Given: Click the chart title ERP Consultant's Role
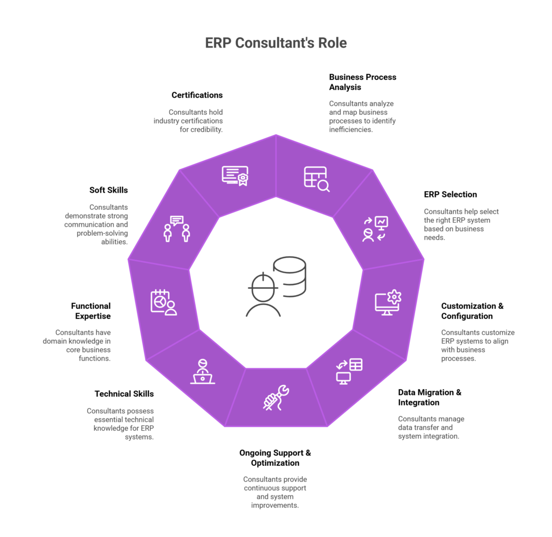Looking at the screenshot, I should [275, 43].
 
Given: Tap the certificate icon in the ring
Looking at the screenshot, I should [235, 176].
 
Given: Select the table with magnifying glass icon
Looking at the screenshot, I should [316, 179].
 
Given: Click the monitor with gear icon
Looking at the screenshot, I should [388, 303].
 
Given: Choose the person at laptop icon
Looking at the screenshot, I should [203, 371].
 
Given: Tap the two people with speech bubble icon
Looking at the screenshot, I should [177, 229].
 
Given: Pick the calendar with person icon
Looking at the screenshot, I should [163, 302].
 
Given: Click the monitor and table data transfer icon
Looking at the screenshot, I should [349, 371].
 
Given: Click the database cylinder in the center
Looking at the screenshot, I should [289, 276].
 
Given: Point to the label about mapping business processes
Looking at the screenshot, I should [362, 116].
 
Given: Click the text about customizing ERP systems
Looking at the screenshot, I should [478, 345].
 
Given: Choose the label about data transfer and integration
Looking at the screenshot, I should [431, 427].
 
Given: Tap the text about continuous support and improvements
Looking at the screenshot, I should [275, 492].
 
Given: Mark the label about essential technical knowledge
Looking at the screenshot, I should [121, 424].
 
